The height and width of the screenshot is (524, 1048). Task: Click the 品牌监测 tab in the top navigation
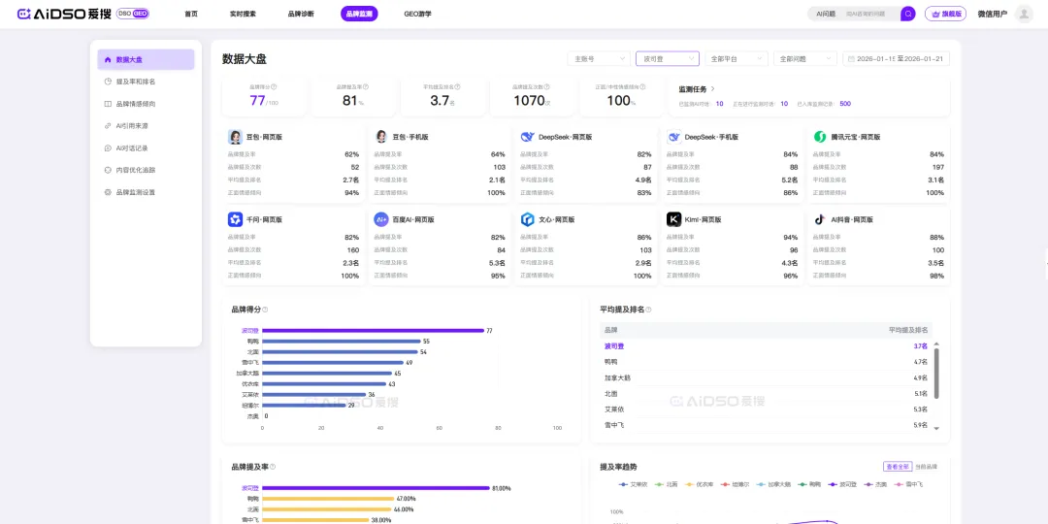click(359, 14)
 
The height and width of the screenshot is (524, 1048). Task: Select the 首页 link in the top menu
click(191, 14)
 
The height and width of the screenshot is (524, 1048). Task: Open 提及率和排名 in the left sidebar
click(135, 82)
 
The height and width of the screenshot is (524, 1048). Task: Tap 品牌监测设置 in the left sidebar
click(135, 192)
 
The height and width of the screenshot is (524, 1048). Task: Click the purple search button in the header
click(907, 14)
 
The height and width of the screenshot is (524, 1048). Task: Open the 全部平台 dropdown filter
click(737, 59)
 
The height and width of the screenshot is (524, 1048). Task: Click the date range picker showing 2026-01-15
click(896, 59)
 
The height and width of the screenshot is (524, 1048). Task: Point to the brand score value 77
click(257, 100)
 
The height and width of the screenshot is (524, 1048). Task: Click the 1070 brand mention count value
click(529, 100)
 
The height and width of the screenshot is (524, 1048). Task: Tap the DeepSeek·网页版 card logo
click(527, 137)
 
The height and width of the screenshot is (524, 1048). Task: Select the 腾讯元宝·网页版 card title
click(856, 137)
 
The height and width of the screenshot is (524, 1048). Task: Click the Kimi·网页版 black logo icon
click(673, 219)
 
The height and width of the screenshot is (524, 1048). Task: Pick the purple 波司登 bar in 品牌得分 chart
click(373, 330)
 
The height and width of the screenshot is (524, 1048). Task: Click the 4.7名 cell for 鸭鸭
click(920, 361)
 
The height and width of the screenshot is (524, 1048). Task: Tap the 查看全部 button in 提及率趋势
click(897, 467)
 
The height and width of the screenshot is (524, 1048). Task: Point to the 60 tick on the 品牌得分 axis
click(439, 428)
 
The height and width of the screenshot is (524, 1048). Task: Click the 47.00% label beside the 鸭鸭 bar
click(406, 499)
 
